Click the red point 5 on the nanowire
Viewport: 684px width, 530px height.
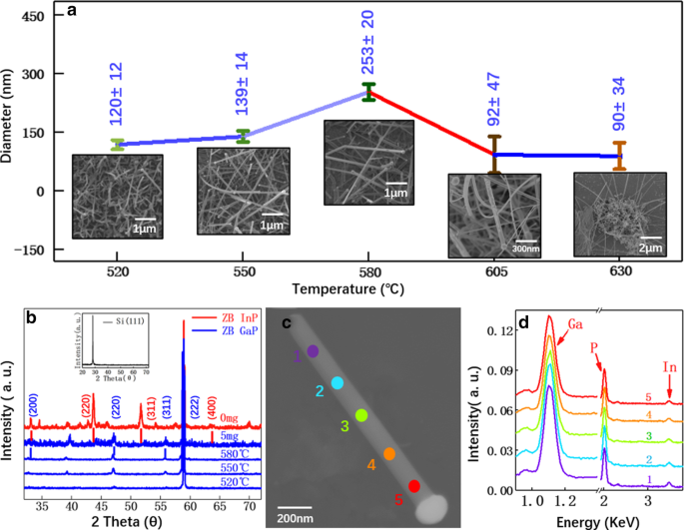tap(413, 486)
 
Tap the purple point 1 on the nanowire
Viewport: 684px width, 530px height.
tap(313, 351)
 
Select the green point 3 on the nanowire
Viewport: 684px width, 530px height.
tap(361, 415)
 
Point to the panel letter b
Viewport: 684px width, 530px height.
tap(31, 317)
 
